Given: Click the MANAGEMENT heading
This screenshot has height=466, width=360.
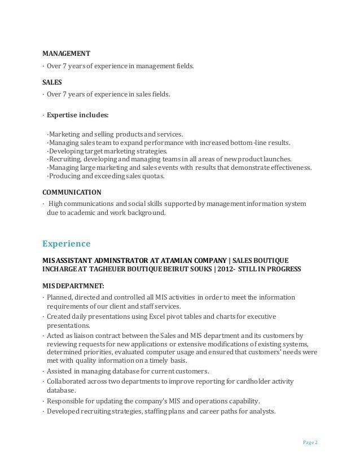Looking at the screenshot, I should [67, 54].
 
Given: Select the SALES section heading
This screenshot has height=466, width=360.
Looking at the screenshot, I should [53, 82].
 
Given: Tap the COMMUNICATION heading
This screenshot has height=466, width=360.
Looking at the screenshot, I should [72, 192].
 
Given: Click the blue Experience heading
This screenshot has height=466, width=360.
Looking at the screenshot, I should [67, 244].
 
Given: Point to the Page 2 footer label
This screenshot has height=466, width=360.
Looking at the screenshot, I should [308, 442].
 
